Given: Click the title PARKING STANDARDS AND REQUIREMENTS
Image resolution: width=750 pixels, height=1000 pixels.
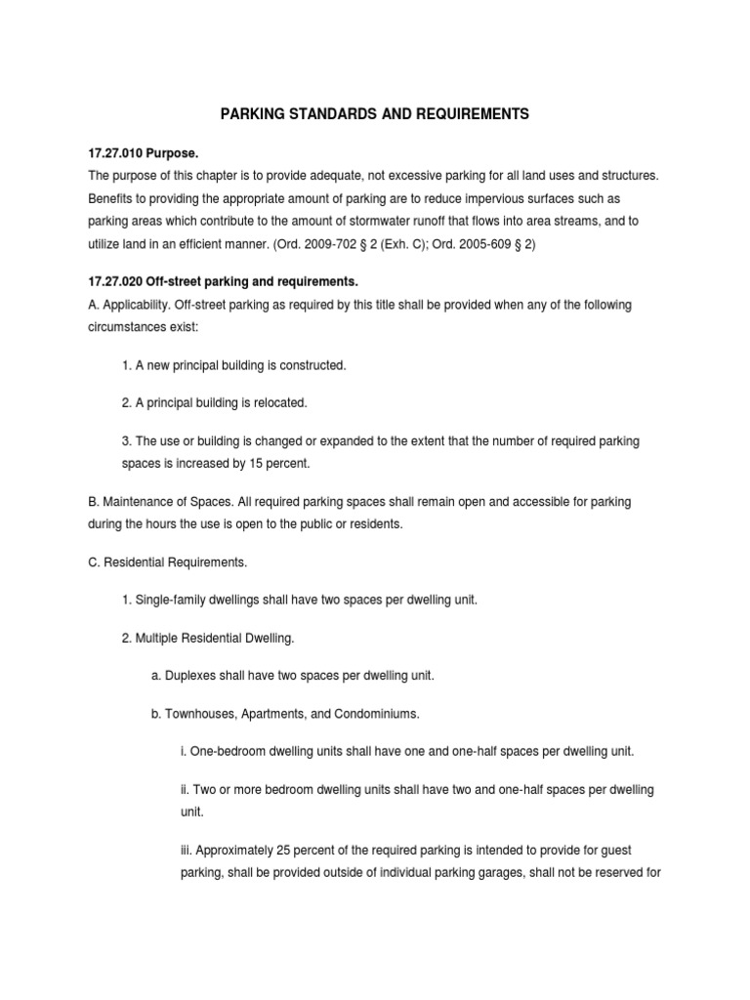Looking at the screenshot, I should tap(374, 114).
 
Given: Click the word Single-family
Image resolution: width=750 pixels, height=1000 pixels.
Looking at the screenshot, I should tap(172, 599).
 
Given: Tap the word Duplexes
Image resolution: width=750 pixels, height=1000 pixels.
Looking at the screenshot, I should tap(192, 676).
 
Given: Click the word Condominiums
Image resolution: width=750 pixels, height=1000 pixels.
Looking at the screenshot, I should tap(375, 714).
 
